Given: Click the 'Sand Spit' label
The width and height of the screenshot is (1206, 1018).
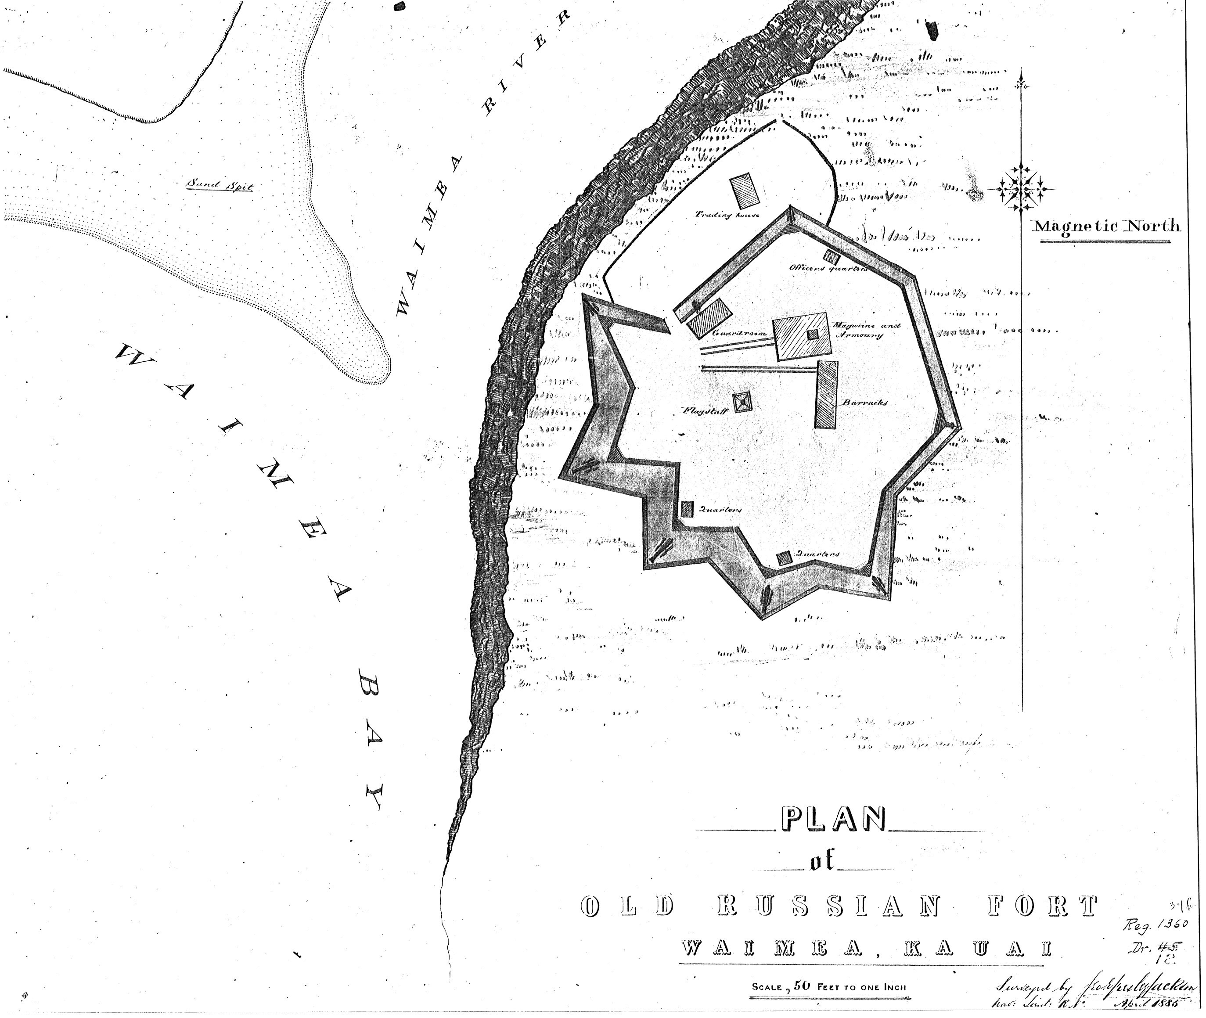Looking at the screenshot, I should (219, 186).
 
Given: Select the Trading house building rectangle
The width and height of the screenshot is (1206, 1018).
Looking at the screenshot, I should (744, 191).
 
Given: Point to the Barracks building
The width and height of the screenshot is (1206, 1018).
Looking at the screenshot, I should (826, 394).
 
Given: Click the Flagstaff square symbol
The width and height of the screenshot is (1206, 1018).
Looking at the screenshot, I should (742, 402).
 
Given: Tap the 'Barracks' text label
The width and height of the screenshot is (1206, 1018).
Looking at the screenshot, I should (864, 403).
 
